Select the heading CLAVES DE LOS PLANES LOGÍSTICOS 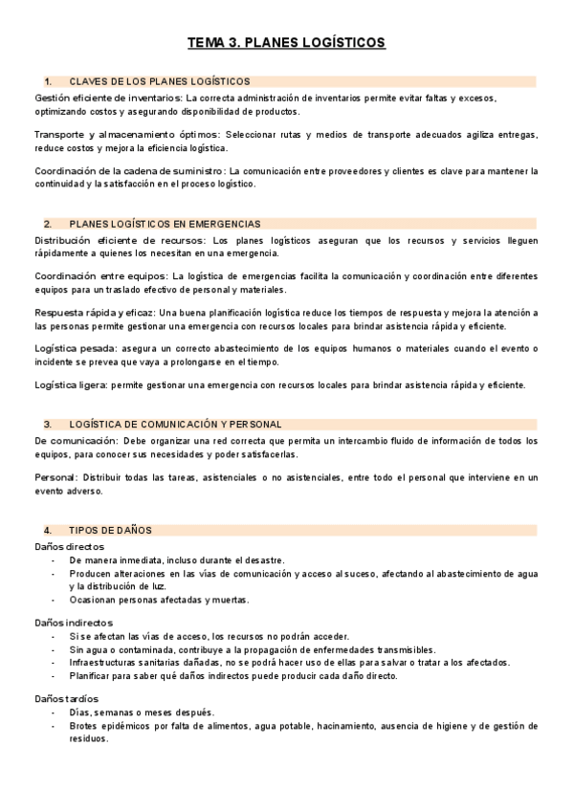(160, 81)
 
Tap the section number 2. (47, 224)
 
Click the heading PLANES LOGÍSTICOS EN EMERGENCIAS (165, 224)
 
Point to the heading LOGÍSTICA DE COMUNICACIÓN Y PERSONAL (175, 424)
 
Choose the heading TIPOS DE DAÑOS (111, 530)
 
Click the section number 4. (47, 530)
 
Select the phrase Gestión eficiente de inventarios (107, 98)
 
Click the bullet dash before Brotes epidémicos (54, 727)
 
